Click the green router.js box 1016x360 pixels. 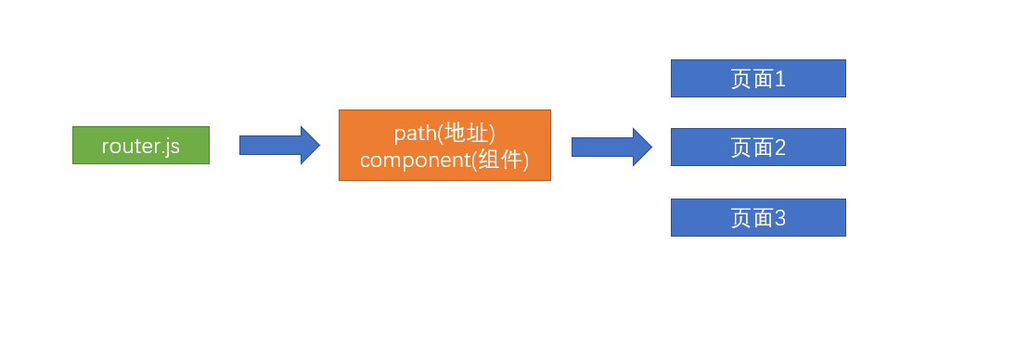coord(141,146)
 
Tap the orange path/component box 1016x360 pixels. coord(444,146)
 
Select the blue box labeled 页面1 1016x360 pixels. coord(758,79)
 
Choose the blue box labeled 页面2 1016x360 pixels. coord(758,148)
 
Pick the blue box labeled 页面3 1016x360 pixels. coord(758,218)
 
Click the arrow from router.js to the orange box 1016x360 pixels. coord(278,146)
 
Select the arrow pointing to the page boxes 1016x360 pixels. coord(611,147)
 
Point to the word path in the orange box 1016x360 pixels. coord(413,134)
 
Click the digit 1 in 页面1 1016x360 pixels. coord(780,79)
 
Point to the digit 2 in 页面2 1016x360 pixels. coord(780,148)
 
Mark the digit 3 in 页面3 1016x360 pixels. coord(780,218)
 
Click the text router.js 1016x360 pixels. coord(141,146)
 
